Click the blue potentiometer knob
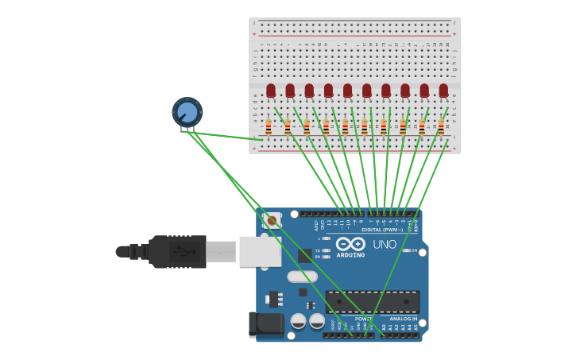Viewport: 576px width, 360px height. click(187, 112)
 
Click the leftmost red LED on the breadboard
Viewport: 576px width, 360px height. click(271, 91)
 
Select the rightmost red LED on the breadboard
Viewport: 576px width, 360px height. click(443, 91)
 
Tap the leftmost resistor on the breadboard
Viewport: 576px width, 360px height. click(269, 126)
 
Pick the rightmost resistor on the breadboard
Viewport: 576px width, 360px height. click(441, 126)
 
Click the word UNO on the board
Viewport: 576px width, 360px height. click(385, 245)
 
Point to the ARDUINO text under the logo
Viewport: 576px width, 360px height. click(350, 255)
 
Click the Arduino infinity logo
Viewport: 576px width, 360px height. click(350, 244)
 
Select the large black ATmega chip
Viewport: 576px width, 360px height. click(373, 302)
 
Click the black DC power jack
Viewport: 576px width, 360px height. click(266, 324)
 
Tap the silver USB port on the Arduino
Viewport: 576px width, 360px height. click(260, 251)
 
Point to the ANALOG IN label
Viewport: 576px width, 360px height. click(404, 319)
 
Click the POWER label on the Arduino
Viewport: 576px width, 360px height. click(364, 319)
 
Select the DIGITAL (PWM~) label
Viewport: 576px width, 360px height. click(381, 230)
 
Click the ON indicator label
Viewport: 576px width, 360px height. click(414, 250)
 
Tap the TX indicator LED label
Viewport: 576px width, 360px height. click(317, 250)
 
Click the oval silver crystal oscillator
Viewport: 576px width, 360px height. click(302, 277)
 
